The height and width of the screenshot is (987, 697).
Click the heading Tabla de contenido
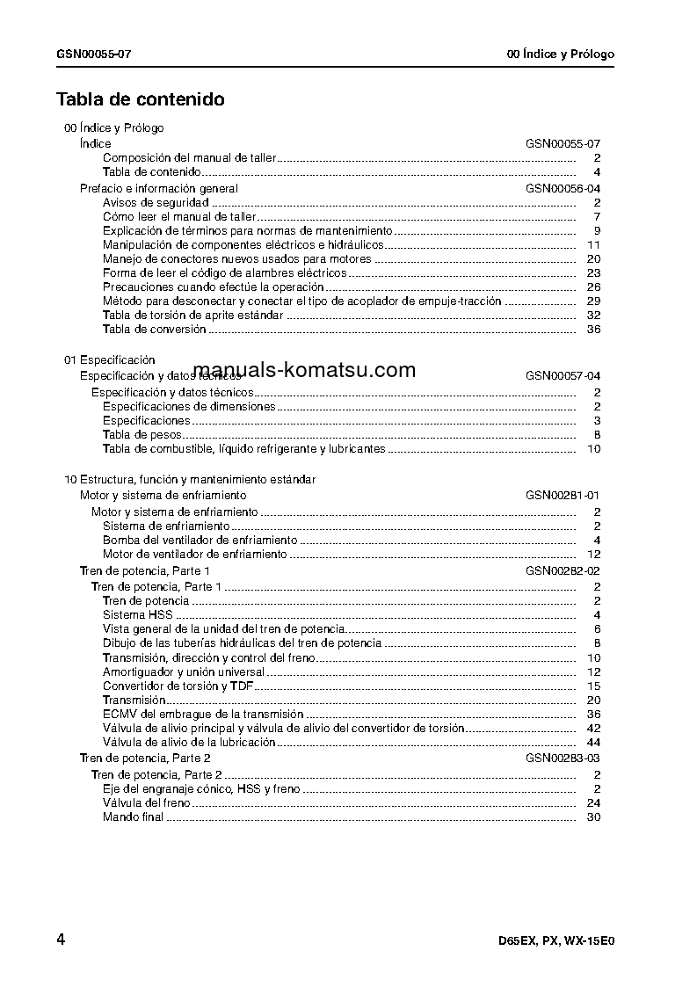click(x=141, y=99)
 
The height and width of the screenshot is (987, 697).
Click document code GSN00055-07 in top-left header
click(x=95, y=54)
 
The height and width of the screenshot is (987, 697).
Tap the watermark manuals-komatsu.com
click(x=304, y=370)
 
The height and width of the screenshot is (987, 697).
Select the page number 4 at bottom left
click(x=61, y=940)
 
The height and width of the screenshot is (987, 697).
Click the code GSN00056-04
click(x=563, y=189)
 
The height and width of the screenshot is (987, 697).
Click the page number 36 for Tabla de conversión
click(x=593, y=330)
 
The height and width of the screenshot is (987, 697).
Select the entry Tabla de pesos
click(x=142, y=435)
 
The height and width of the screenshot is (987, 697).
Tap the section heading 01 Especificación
click(x=110, y=360)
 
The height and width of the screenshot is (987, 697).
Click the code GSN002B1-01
click(x=563, y=496)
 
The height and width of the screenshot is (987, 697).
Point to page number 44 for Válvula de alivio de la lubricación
click(x=593, y=743)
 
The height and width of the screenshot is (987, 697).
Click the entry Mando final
click(x=134, y=817)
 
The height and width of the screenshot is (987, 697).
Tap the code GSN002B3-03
click(x=563, y=758)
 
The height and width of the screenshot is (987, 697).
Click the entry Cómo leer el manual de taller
click(x=179, y=217)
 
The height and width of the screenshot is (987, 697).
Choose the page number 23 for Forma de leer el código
click(x=593, y=273)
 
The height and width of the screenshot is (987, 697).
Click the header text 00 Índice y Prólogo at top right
click(x=561, y=54)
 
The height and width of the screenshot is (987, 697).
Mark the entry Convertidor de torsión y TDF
click(x=178, y=686)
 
